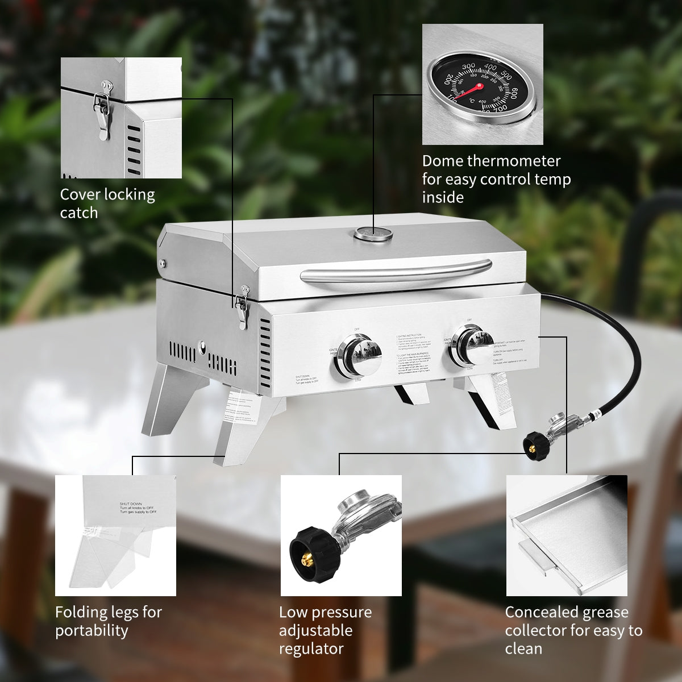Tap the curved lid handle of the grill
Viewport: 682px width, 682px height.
396,270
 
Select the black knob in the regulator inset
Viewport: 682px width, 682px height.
310,550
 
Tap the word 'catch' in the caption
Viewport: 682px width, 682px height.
79,213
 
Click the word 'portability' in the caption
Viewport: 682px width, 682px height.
92,630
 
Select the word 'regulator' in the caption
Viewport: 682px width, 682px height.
311,648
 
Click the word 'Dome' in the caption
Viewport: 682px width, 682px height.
442,161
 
